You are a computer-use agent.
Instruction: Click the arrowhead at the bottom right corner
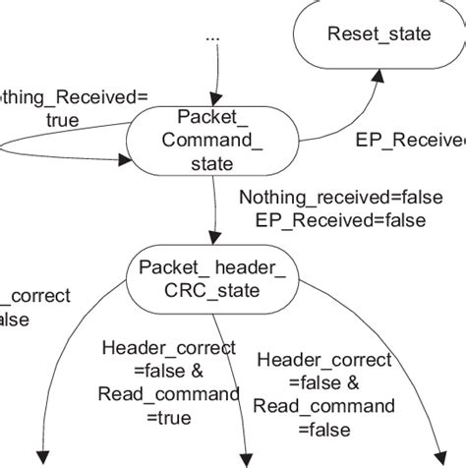438,454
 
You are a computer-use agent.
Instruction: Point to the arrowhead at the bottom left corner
41,455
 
